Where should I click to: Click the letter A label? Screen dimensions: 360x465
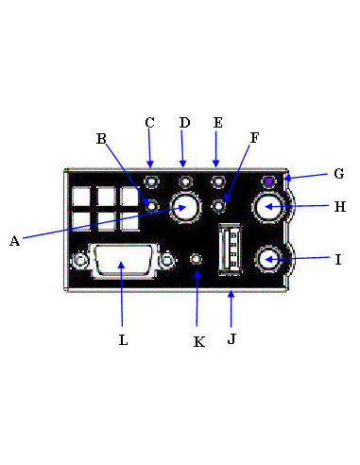pyautogui.click(x=14, y=241)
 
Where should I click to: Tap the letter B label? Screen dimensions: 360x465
pyautogui.click(x=101, y=139)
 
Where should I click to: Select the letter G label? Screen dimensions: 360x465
pyautogui.click(x=339, y=174)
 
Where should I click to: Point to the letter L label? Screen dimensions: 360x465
pyautogui.click(x=123, y=340)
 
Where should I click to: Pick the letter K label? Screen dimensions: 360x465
pyautogui.click(x=198, y=342)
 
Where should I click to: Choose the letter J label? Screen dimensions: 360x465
pyautogui.click(x=231, y=339)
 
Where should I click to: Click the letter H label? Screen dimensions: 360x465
pyautogui.click(x=340, y=207)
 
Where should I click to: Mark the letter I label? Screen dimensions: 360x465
pyautogui.click(x=338, y=260)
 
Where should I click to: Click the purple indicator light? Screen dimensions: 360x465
pyautogui.click(x=268, y=181)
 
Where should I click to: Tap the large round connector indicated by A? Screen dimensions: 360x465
pyautogui.click(x=185, y=207)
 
